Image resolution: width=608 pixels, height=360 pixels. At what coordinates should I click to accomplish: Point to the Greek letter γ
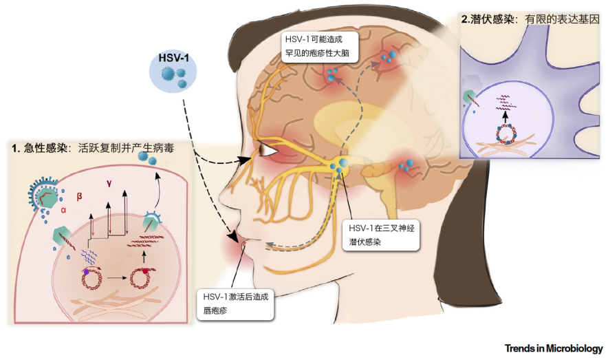109,184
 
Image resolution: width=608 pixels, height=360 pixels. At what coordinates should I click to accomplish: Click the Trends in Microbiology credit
554,348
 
